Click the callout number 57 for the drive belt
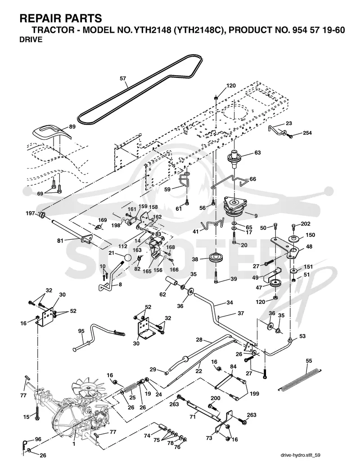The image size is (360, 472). tap(123, 79)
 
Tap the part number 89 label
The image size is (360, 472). tap(72, 127)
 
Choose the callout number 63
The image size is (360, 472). tap(257, 153)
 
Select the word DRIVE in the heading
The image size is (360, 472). tap(31, 40)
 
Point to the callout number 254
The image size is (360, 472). tap(307, 133)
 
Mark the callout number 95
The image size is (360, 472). tap(81, 331)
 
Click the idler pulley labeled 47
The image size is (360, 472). tap(275, 284)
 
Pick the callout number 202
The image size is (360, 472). tap(306, 224)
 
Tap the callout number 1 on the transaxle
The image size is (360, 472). tap(74, 443)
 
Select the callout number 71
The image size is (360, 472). tap(193, 417)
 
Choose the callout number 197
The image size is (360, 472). tap(31, 214)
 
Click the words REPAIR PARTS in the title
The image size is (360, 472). tap(61, 18)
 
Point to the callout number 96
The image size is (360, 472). tap(38, 440)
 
